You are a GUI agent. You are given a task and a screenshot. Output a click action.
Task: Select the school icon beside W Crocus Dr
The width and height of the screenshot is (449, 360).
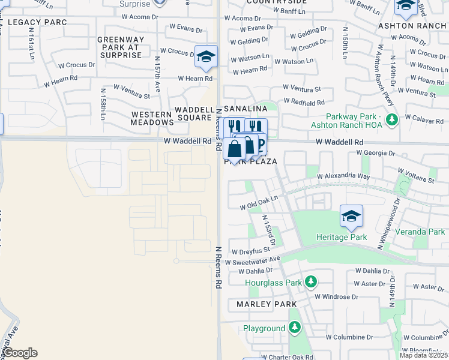coord(206,57)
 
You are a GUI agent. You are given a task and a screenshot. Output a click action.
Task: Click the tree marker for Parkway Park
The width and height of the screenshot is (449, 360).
coord(392,120)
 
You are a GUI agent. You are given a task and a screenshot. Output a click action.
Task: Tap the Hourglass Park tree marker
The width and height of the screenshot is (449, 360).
coord(310,282)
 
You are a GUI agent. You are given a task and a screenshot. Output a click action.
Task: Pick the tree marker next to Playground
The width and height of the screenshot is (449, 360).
coord(294,328)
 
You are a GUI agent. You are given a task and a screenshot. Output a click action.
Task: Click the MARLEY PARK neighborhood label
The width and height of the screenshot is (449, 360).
coord(267,304)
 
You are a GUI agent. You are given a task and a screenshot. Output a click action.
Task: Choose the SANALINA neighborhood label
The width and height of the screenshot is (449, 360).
coord(246,109)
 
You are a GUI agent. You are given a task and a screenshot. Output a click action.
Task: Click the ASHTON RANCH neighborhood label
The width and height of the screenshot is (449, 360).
coord(412,26)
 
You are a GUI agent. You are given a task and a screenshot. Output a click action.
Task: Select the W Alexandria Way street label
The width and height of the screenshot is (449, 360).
coord(343,177)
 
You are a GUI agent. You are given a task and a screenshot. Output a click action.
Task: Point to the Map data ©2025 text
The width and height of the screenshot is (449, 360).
coord(423,355)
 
